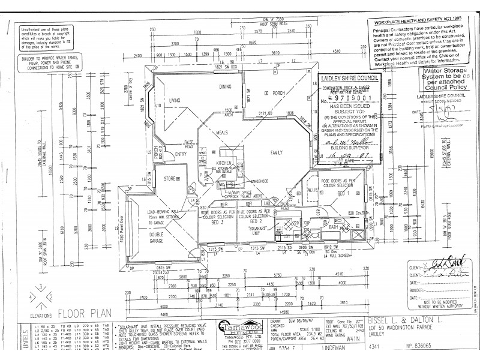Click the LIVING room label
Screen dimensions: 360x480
[175, 100]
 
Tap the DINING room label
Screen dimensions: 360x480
[225, 87]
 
